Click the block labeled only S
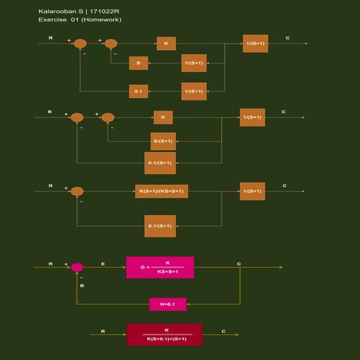pyautogui.click(x=139, y=63)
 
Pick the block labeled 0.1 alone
pyautogui.click(x=139, y=91)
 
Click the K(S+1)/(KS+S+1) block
pyautogui.click(x=162, y=191)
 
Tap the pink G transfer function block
pyautogui.click(x=160, y=268)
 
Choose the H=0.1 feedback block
pyautogui.click(x=167, y=303)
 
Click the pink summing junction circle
pyautogui.click(x=77, y=268)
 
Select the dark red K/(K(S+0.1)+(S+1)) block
pyautogui.click(x=165, y=335)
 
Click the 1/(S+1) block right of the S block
pyautogui.click(x=194, y=63)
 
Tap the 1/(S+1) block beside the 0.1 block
pyautogui.click(x=194, y=91)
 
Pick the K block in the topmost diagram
pyautogui.click(x=166, y=43)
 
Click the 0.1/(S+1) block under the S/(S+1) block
pyautogui.click(x=160, y=163)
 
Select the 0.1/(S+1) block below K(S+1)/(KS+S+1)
pyautogui.click(x=160, y=226)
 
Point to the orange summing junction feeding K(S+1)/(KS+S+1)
pyautogui.click(x=77, y=191)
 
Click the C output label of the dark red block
pyautogui.click(x=224, y=330)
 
